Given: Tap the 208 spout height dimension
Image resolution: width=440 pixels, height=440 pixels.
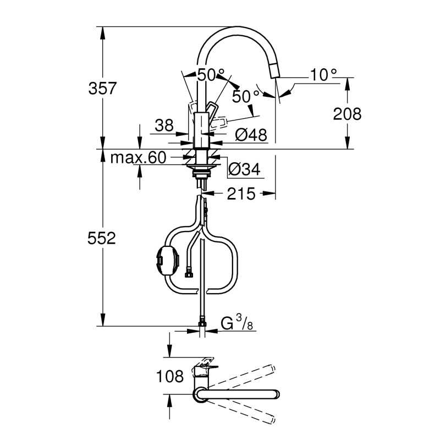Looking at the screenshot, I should click(x=347, y=114).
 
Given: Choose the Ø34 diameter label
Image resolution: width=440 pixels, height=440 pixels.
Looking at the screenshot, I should click(x=243, y=170).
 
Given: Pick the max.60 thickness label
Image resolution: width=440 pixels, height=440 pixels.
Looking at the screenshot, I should click(x=138, y=158).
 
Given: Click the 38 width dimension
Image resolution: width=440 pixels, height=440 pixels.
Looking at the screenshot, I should click(x=164, y=127).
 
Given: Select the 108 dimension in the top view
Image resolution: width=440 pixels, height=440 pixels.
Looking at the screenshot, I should click(x=170, y=377).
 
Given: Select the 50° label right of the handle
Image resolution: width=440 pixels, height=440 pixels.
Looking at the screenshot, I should click(x=245, y=97).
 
